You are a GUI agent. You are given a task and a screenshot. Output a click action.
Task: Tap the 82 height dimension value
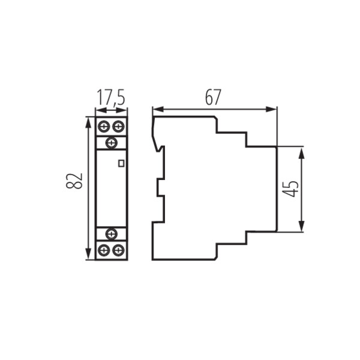[x=74, y=182]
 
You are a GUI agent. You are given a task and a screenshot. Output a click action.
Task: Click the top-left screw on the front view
[x=104, y=127]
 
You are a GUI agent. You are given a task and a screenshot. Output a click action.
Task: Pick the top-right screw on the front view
[x=119, y=127]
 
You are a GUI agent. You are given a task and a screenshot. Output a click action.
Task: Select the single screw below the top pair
[x=111, y=143]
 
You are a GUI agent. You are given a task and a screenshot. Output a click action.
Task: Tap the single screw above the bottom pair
[x=111, y=234]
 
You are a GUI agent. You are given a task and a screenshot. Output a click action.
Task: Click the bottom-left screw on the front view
[x=104, y=250]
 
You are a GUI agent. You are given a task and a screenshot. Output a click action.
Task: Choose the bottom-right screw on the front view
[x=119, y=250]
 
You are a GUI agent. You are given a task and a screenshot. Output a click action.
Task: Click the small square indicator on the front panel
[x=121, y=163]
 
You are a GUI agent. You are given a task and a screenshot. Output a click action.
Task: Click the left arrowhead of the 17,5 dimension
[x=98, y=110]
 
